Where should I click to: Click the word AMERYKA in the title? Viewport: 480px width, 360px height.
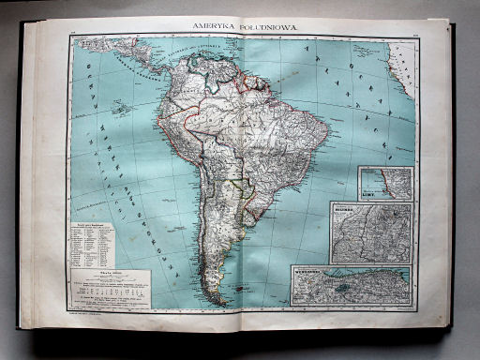[x=215, y=30]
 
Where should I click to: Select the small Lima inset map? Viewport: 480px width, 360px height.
[x=385, y=183]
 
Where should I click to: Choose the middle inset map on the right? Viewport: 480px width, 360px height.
[x=371, y=232]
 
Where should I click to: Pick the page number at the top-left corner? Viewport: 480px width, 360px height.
[x=73, y=38]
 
